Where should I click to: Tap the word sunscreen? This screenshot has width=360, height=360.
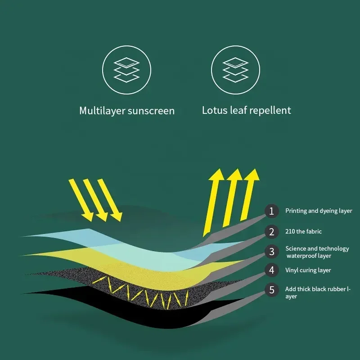pos(152,111)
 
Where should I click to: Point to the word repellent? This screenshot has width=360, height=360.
pos(269,110)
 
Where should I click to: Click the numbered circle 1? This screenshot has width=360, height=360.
pos(271,211)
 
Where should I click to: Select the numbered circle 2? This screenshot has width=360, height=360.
pos(271,232)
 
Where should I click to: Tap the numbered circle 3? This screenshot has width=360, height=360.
pos(271,252)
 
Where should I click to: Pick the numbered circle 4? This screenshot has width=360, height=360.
pos(271,270)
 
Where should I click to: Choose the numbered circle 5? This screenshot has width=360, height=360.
pos(271,290)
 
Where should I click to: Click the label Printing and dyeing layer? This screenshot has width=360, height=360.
pos(319,211)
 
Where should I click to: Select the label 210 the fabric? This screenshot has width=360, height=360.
pos(303,232)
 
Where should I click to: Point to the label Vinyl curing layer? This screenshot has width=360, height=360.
pos(308,270)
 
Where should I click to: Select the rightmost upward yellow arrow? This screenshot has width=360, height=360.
pos(250,193)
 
